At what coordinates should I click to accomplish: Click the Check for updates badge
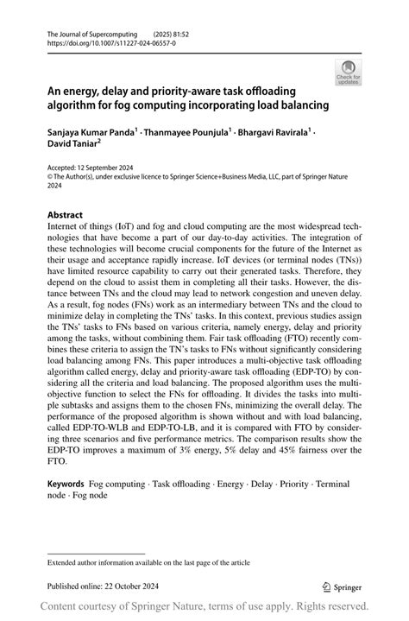(349, 72)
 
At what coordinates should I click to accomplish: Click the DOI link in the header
(104, 41)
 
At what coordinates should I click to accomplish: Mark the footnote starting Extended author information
(148, 562)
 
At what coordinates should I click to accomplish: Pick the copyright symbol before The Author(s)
(50, 177)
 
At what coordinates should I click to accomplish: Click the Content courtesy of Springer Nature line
(204, 606)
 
